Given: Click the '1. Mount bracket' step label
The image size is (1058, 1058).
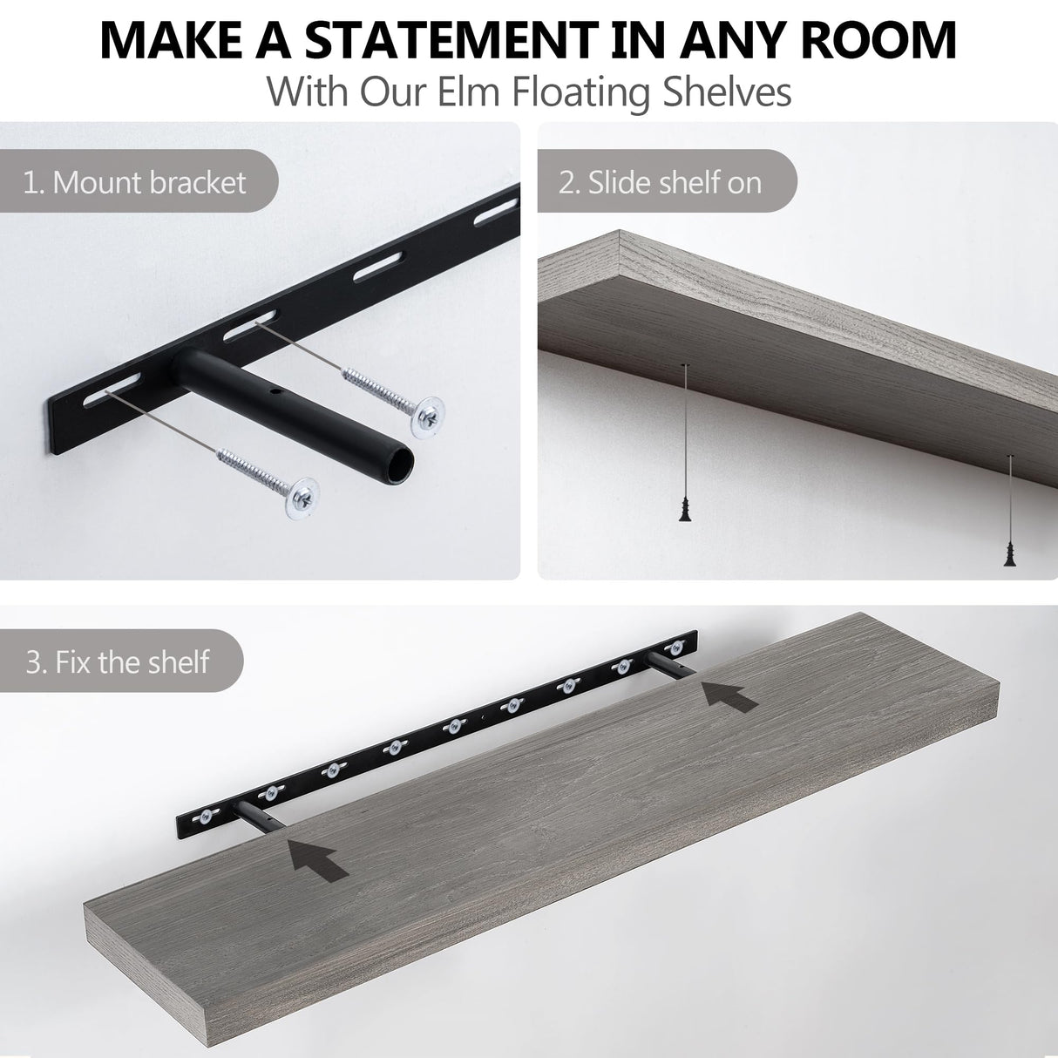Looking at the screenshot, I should coord(135,183).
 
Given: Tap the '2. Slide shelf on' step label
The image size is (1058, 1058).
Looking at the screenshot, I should coord(660,183).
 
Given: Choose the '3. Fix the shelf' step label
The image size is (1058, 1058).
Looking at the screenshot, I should coord(118,661).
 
